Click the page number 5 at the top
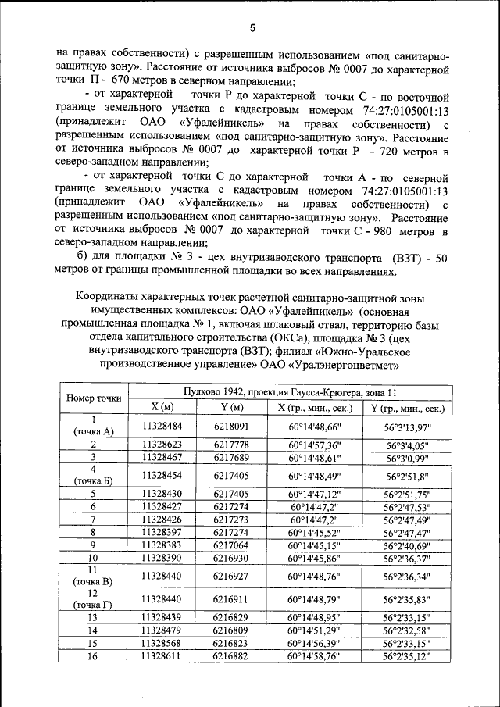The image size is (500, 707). coord(252,29)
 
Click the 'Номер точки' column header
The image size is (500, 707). coord(93,398)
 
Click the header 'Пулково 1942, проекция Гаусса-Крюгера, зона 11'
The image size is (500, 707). coord(287,391)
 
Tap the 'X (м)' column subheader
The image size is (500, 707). coord(162,407)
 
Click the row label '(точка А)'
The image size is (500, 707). coord(93,431)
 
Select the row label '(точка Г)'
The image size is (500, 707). coord(93,605)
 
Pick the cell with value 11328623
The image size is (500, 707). coord(162,444)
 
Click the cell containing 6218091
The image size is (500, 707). coord(230,426)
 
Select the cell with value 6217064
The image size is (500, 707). coord(230,545)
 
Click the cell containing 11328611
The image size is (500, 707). coord(162,656)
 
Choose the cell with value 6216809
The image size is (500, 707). coord(230,630)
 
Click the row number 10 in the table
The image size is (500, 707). coord(93,558)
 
